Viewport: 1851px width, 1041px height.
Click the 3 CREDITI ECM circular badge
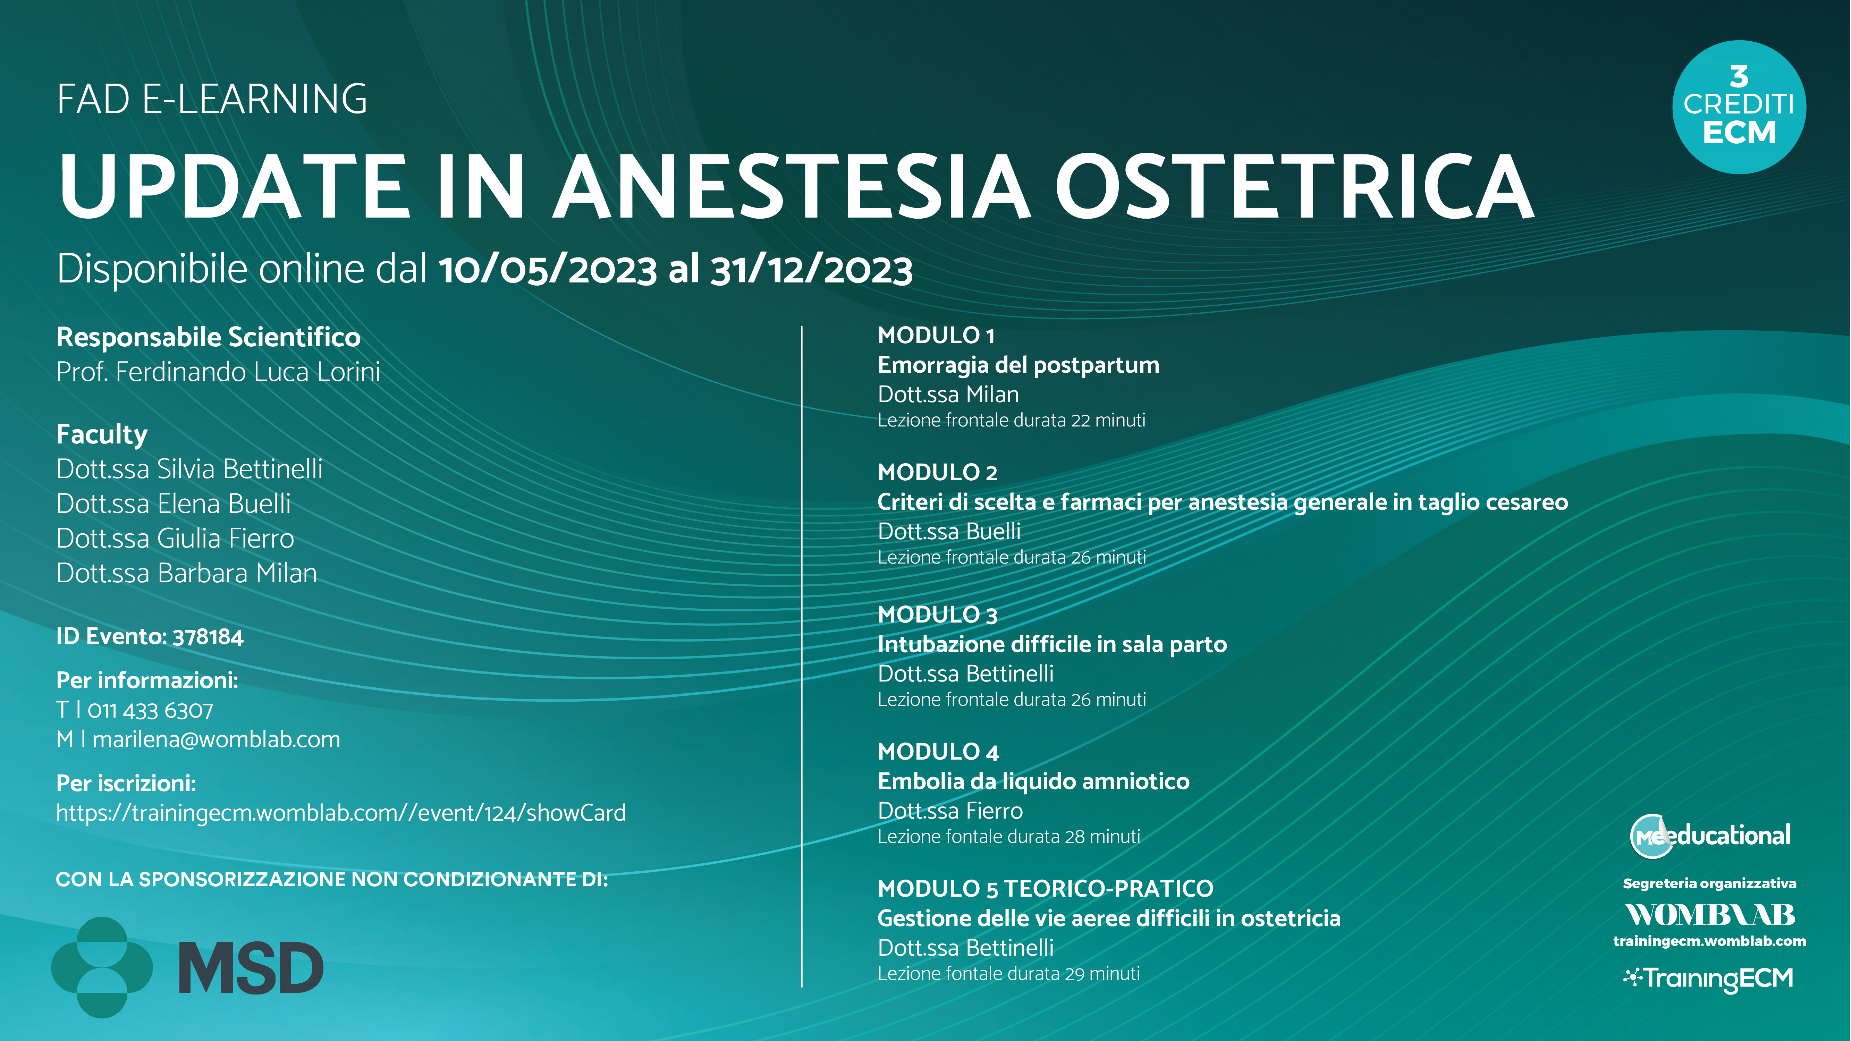tap(1739, 107)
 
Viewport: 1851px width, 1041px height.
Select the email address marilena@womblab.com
tap(216, 739)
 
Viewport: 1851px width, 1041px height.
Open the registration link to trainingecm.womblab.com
tap(340, 813)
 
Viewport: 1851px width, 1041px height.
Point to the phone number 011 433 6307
tap(150, 711)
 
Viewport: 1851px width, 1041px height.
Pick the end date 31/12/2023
tap(811, 270)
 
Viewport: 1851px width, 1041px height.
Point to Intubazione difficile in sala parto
tap(1052, 644)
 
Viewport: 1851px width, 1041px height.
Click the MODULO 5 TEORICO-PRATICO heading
tap(1046, 889)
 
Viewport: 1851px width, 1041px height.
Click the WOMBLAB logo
tap(1710, 915)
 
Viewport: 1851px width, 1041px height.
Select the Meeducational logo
tap(1710, 836)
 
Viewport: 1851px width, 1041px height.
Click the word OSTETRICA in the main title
tap(1293, 186)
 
